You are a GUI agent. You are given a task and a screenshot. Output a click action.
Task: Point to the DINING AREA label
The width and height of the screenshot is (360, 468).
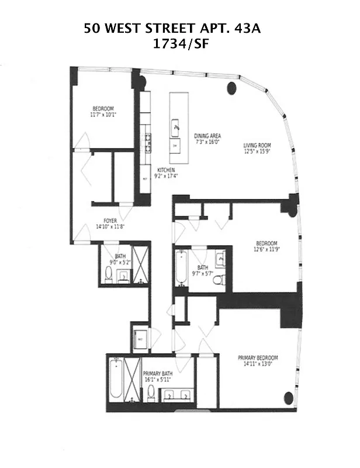tap(207, 136)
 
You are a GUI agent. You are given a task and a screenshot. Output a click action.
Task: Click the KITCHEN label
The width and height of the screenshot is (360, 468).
tap(165, 170)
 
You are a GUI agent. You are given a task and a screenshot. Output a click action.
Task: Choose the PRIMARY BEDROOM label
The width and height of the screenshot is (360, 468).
tap(257, 357)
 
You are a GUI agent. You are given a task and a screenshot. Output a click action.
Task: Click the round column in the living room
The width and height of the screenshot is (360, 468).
tap(232, 89)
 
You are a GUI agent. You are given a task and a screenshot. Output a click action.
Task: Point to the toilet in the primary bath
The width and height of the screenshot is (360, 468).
tap(151, 392)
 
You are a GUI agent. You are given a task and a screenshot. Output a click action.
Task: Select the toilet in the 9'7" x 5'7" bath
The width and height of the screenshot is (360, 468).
tap(219, 280)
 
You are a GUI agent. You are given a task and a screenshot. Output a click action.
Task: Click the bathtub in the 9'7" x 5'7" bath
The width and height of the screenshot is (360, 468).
tap(181, 270)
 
